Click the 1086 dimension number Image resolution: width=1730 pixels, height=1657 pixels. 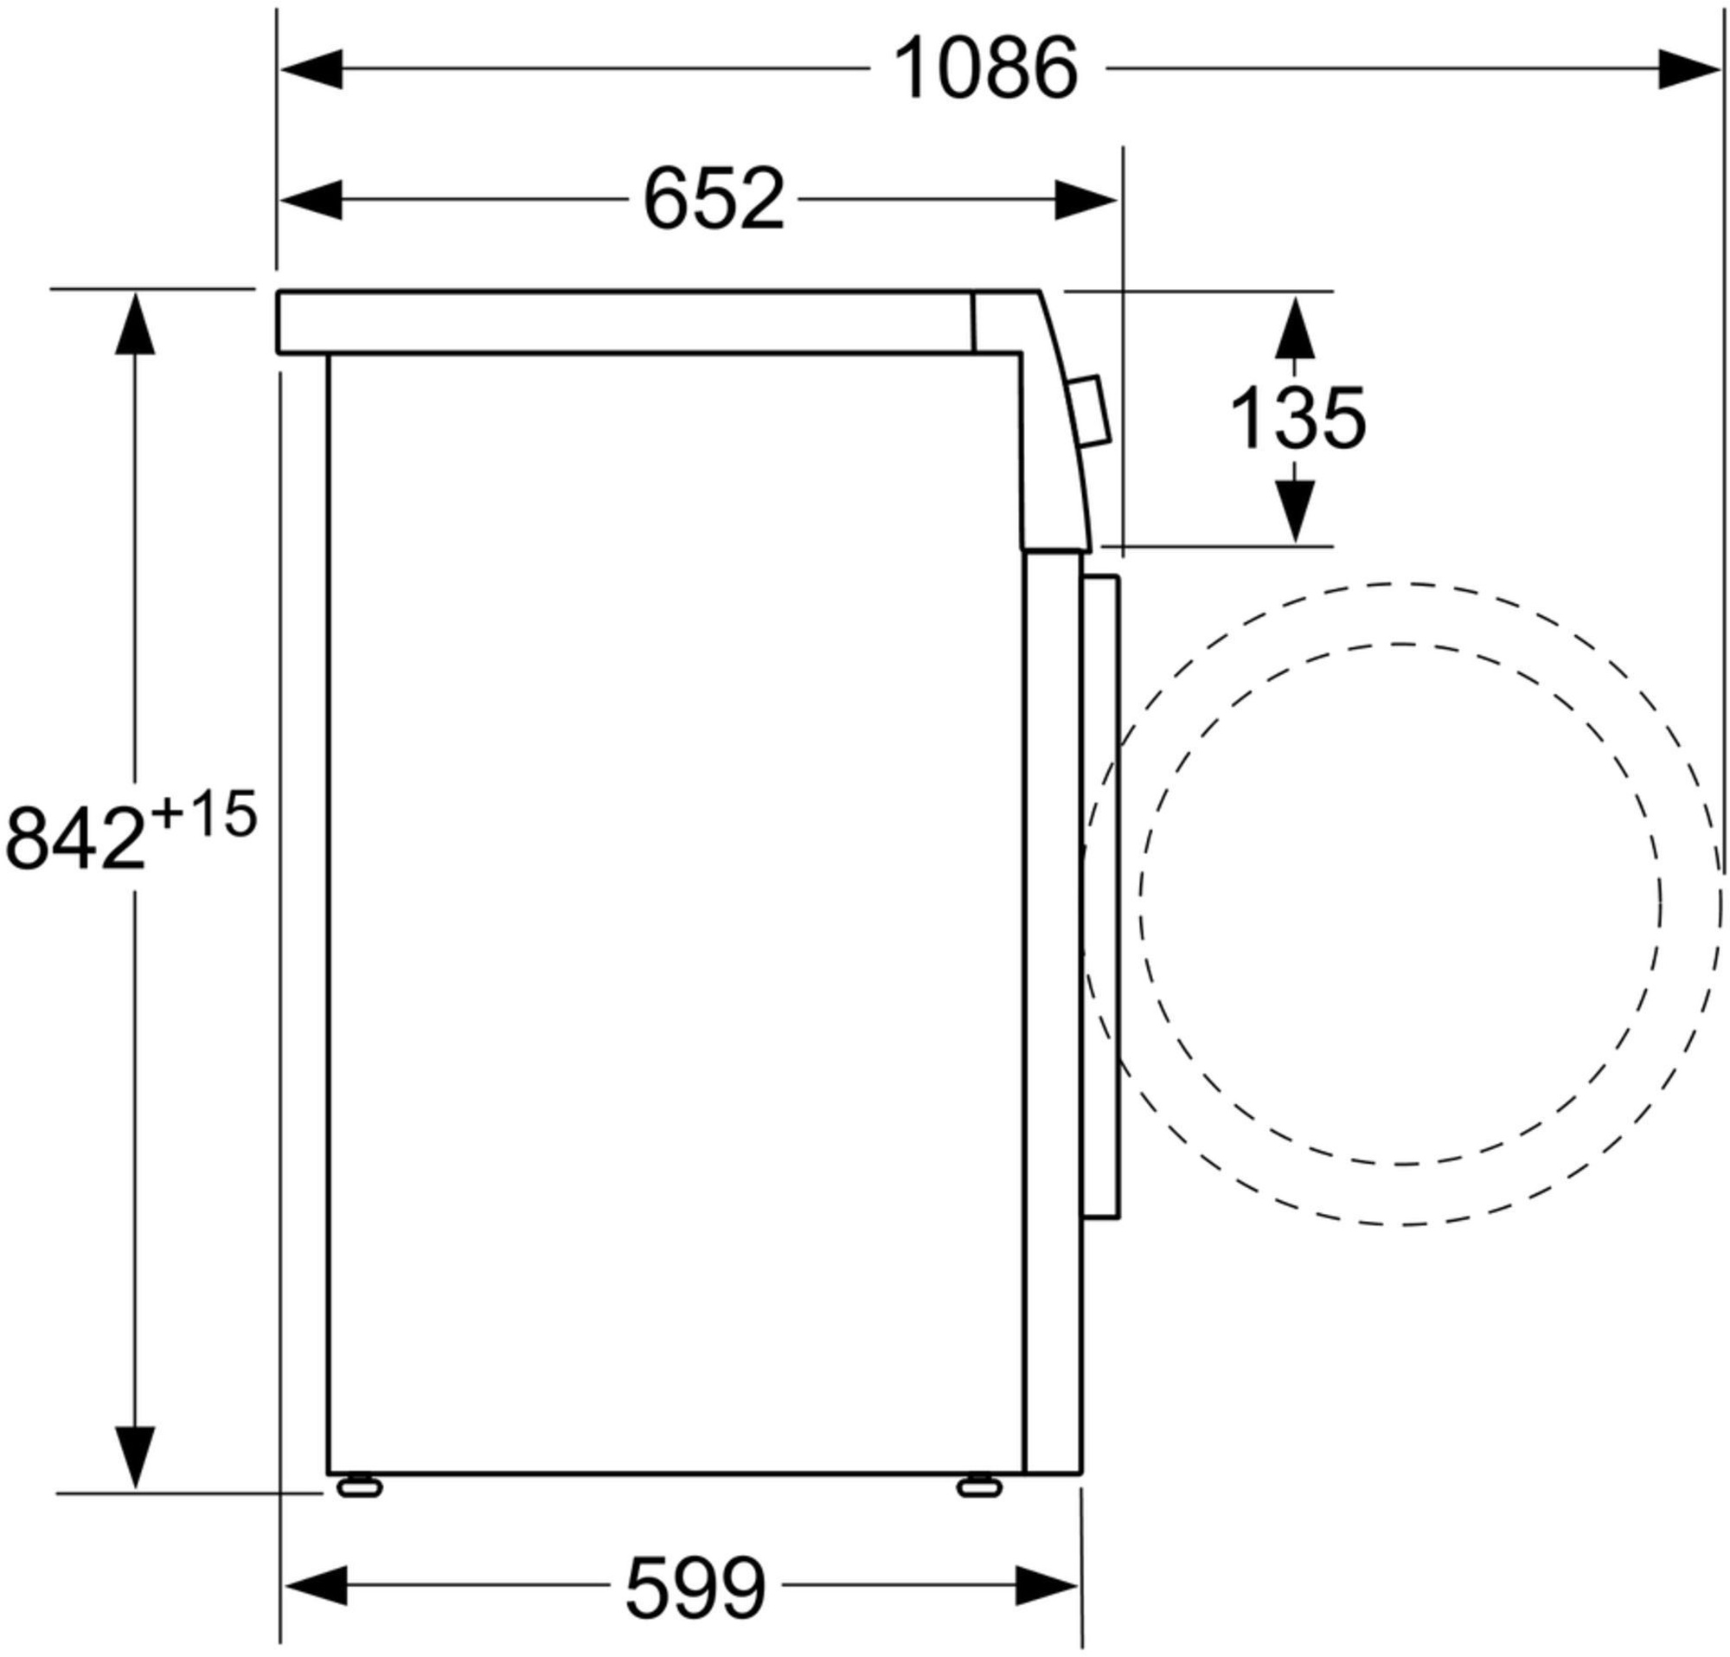click(x=986, y=68)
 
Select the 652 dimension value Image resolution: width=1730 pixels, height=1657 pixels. click(x=714, y=200)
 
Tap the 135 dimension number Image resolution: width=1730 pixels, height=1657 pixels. click(x=1297, y=419)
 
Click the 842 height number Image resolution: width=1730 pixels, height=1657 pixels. click(x=75, y=838)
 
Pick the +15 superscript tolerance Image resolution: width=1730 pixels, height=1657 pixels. click(x=204, y=814)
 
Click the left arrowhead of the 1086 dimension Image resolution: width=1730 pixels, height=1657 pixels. click(x=311, y=69)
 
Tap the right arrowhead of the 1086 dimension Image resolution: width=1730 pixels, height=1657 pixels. click(x=1689, y=69)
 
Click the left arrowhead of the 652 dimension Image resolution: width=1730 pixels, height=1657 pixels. click(x=311, y=200)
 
